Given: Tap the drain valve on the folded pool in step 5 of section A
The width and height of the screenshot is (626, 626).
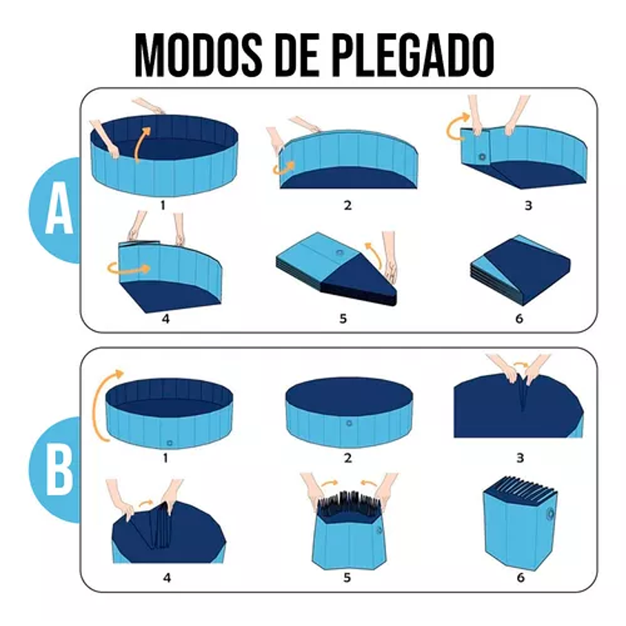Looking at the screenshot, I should coord(340,253).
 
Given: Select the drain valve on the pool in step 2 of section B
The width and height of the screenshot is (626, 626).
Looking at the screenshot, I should coord(349,423).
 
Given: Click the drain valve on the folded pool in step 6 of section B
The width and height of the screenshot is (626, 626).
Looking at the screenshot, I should coord(549,514).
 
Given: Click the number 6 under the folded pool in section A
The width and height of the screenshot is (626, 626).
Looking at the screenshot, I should coord(519,319).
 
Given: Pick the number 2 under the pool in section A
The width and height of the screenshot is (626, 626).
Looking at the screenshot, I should coord(347,205).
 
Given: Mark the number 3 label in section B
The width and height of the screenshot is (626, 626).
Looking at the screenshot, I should coord(520,458).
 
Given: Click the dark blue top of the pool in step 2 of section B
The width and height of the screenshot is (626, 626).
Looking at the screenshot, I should coord(349,394).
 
